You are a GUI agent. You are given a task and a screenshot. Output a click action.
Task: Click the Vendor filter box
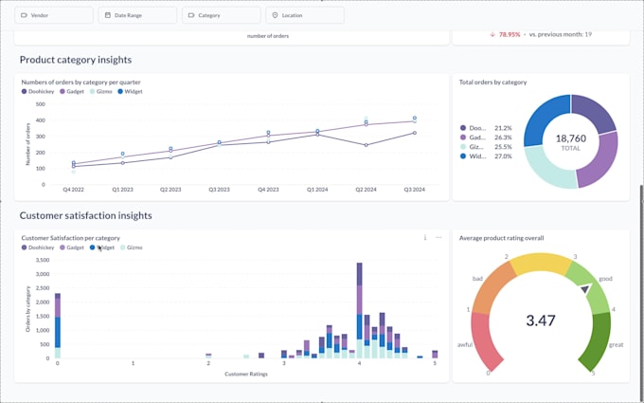(x=54, y=15)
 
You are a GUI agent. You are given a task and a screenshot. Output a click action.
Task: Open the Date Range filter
(x=138, y=15)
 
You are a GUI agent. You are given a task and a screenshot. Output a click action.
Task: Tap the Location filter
(x=305, y=15)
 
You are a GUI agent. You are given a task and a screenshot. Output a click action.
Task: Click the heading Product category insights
(x=76, y=60)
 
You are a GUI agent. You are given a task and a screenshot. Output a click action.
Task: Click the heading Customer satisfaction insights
(x=85, y=215)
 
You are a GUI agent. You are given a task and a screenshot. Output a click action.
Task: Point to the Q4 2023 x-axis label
(x=268, y=190)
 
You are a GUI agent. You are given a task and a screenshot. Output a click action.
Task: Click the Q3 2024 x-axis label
(x=414, y=190)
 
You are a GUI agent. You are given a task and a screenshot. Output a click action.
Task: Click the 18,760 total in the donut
(x=571, y=137)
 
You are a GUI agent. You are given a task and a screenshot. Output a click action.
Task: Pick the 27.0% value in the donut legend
(x=503, y=156)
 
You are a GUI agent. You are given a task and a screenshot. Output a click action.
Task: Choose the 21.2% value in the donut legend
(x=503, y=127)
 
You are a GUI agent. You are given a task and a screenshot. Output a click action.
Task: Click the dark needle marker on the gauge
(x=585, y=288)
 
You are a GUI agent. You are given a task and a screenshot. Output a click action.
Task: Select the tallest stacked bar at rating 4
(x=359, y=313)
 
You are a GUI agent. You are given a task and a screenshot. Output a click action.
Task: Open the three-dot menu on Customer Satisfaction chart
(x=438, y=238)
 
